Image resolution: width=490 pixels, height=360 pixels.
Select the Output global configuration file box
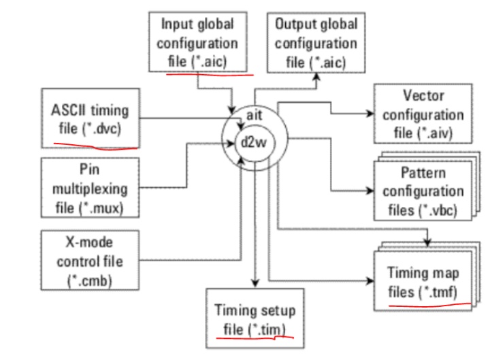tap(316, 41)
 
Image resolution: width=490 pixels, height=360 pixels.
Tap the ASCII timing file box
tap(90, 117)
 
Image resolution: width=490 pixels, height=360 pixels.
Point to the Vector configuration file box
tap(423, 114)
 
